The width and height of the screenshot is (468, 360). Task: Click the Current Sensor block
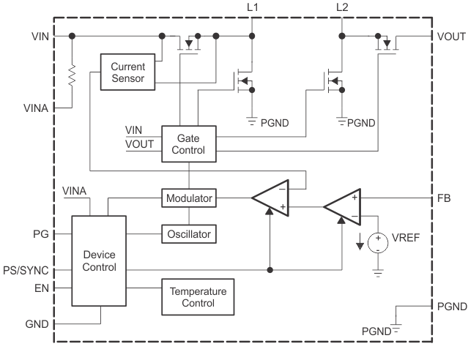(x=128, y=72)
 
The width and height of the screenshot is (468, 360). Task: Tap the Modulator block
(x=188, y=198)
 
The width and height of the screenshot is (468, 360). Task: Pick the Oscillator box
(x=188, y=234)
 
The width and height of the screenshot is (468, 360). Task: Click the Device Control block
(x=99, y=260)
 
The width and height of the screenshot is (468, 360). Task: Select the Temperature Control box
(x=198, y=296)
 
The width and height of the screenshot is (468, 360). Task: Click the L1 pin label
(x=253, y=7)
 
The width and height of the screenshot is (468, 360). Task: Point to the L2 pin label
(x=342, y=7)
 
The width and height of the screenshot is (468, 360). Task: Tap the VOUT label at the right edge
(x=451, y=35)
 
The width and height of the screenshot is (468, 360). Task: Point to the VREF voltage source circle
(x=378, y=241)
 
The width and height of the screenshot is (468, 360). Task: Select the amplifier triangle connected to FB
(x=342, y=207)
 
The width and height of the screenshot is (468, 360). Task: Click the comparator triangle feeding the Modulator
(x=270, y=198)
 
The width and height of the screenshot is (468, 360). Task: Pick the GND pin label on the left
(x=37, y=322)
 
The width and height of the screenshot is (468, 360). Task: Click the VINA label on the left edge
(x=35, y=108)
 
